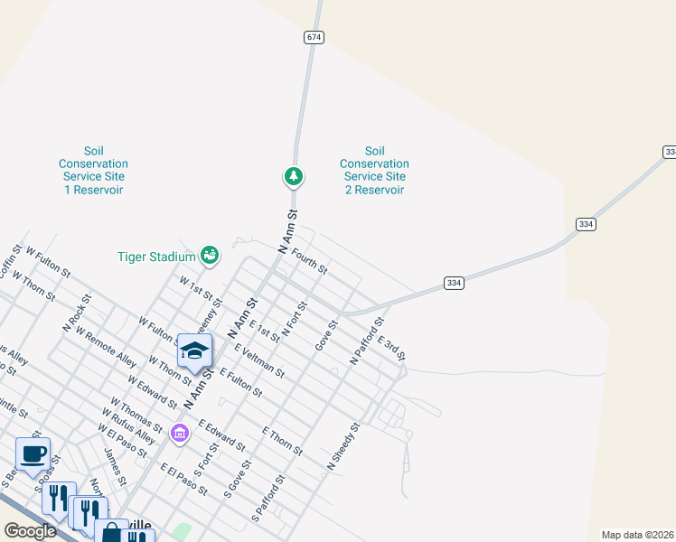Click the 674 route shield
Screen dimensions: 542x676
coord(314,37)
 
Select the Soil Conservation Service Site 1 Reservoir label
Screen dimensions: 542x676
coord(93,171)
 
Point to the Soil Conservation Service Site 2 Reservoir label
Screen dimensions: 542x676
coord(374,171)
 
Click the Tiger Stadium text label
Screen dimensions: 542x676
coord(156,257)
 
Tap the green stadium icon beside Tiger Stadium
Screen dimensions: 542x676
coord(210,256)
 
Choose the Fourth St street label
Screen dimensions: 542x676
coord(309,264)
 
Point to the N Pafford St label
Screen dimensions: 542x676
coord(367,341)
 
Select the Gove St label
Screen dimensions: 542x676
coord(325,335)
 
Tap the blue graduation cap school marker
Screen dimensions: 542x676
coord(194,351)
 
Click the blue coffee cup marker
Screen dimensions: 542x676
coord(33,454)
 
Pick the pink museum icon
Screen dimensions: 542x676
coord(179,434)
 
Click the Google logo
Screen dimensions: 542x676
coord(30,531)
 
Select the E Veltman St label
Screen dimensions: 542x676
coord(259,360)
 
